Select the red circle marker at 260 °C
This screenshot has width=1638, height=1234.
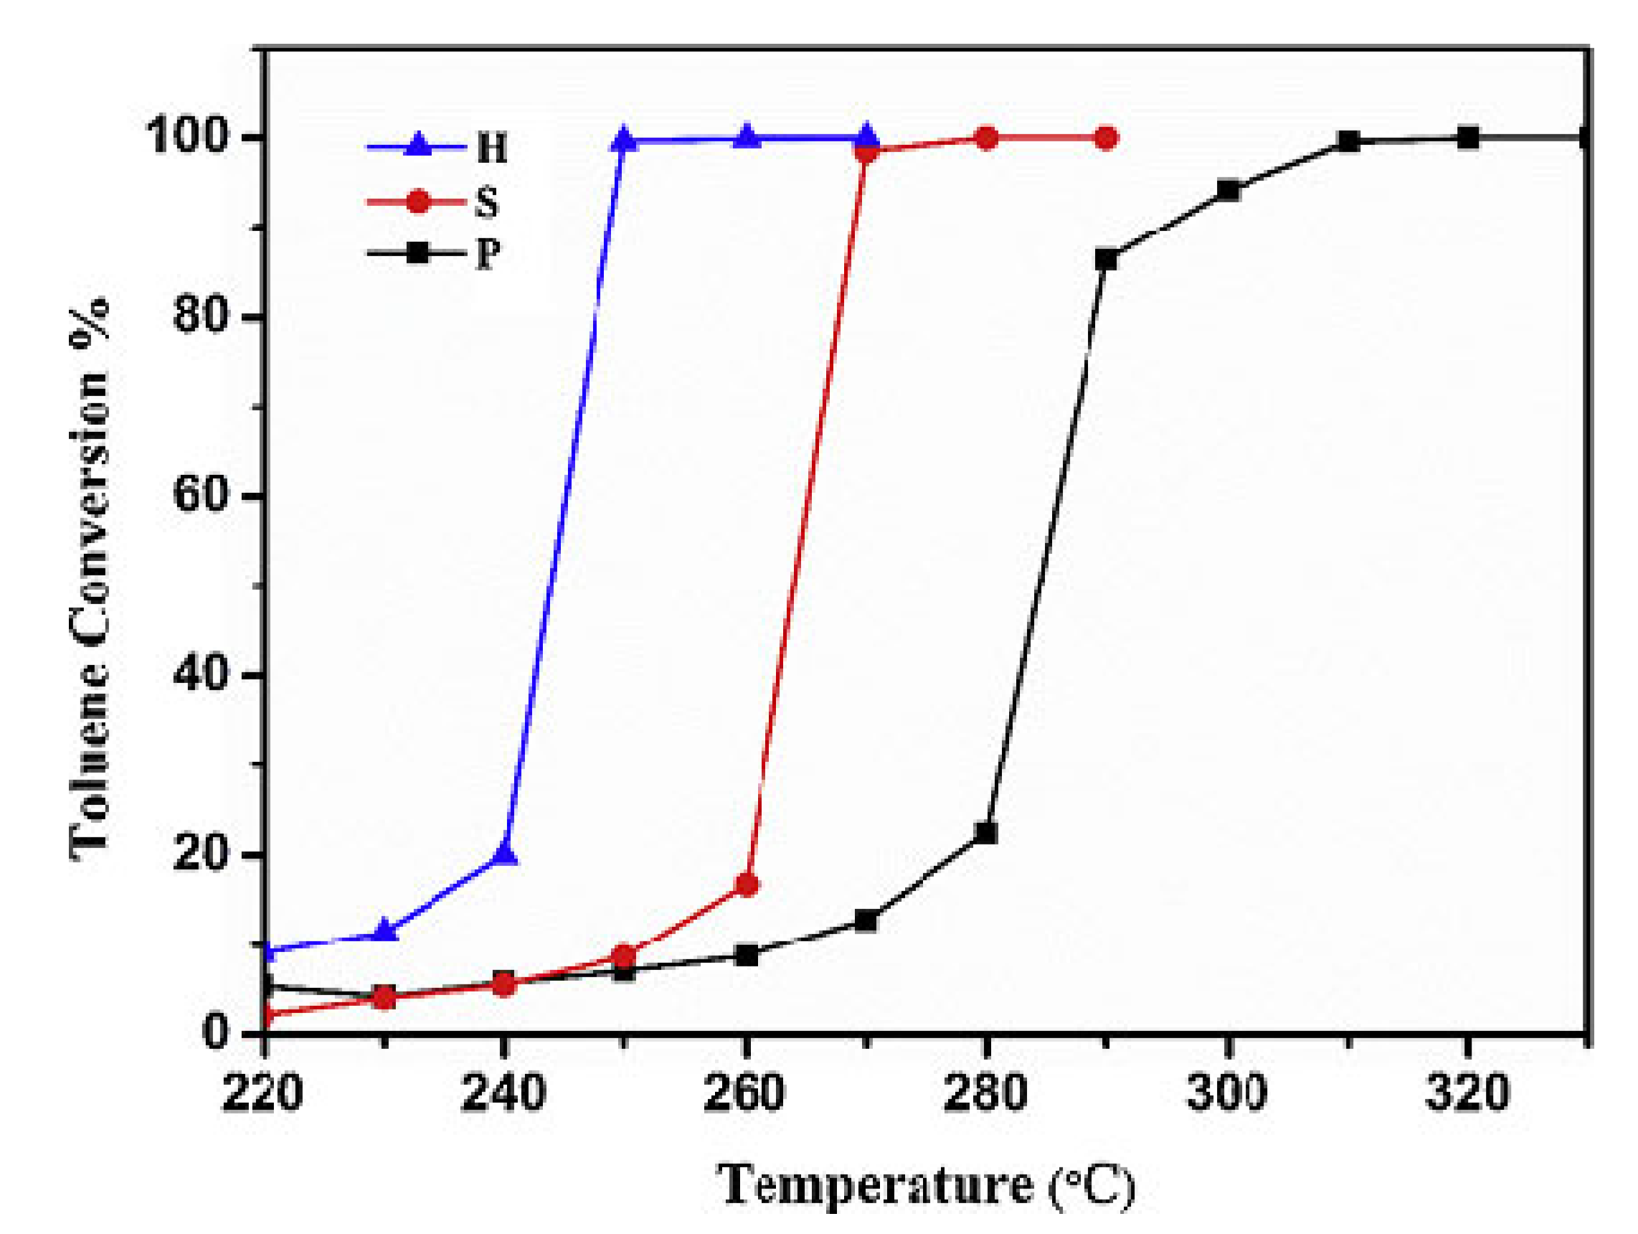pos(747,885)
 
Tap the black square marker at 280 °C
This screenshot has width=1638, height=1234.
pos(986,832)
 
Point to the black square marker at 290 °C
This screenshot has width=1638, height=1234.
pos(1107,259)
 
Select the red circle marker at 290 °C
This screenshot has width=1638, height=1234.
pos(1107,138)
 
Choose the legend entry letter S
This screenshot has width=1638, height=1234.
pos(486,202)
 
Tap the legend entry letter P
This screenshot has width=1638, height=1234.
pos(487,254)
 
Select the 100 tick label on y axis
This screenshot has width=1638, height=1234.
pos(185,138)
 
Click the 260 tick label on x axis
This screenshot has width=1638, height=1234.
pos(744,1093)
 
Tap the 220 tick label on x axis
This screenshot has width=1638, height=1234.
pos(263,1093)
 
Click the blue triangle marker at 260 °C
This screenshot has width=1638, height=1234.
pos(747,138)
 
